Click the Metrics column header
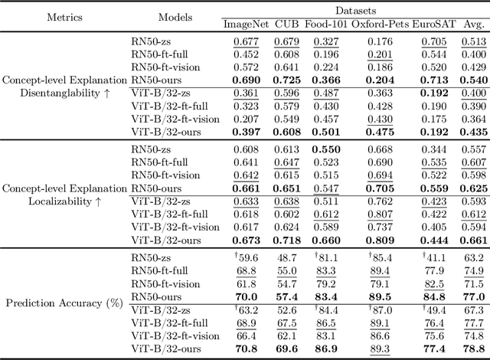46,16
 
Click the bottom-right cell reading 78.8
474,349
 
